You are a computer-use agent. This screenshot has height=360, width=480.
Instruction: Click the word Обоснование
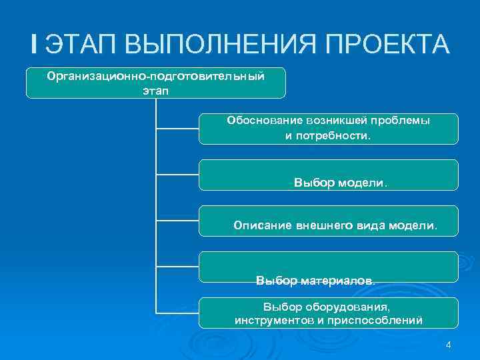(x=265, y=121)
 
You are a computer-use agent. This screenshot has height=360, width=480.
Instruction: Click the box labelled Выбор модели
(x=329, y=175)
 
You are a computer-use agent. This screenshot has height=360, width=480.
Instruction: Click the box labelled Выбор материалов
(x=329, y=267)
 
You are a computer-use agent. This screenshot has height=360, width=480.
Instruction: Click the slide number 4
(x=448, y=345)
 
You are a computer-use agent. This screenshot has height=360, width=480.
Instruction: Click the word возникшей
(x=335, y=121)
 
